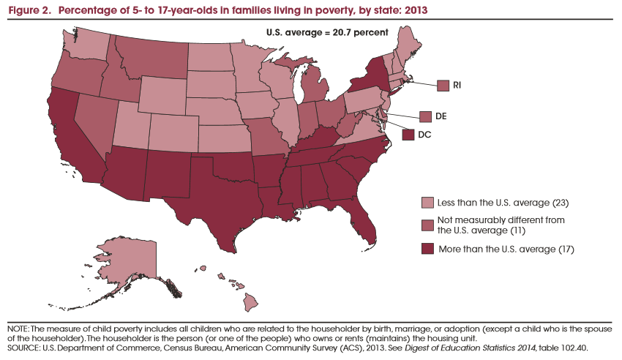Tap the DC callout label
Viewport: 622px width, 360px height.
tap(424, 134)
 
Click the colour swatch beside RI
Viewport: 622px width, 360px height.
tap(443, 86)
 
